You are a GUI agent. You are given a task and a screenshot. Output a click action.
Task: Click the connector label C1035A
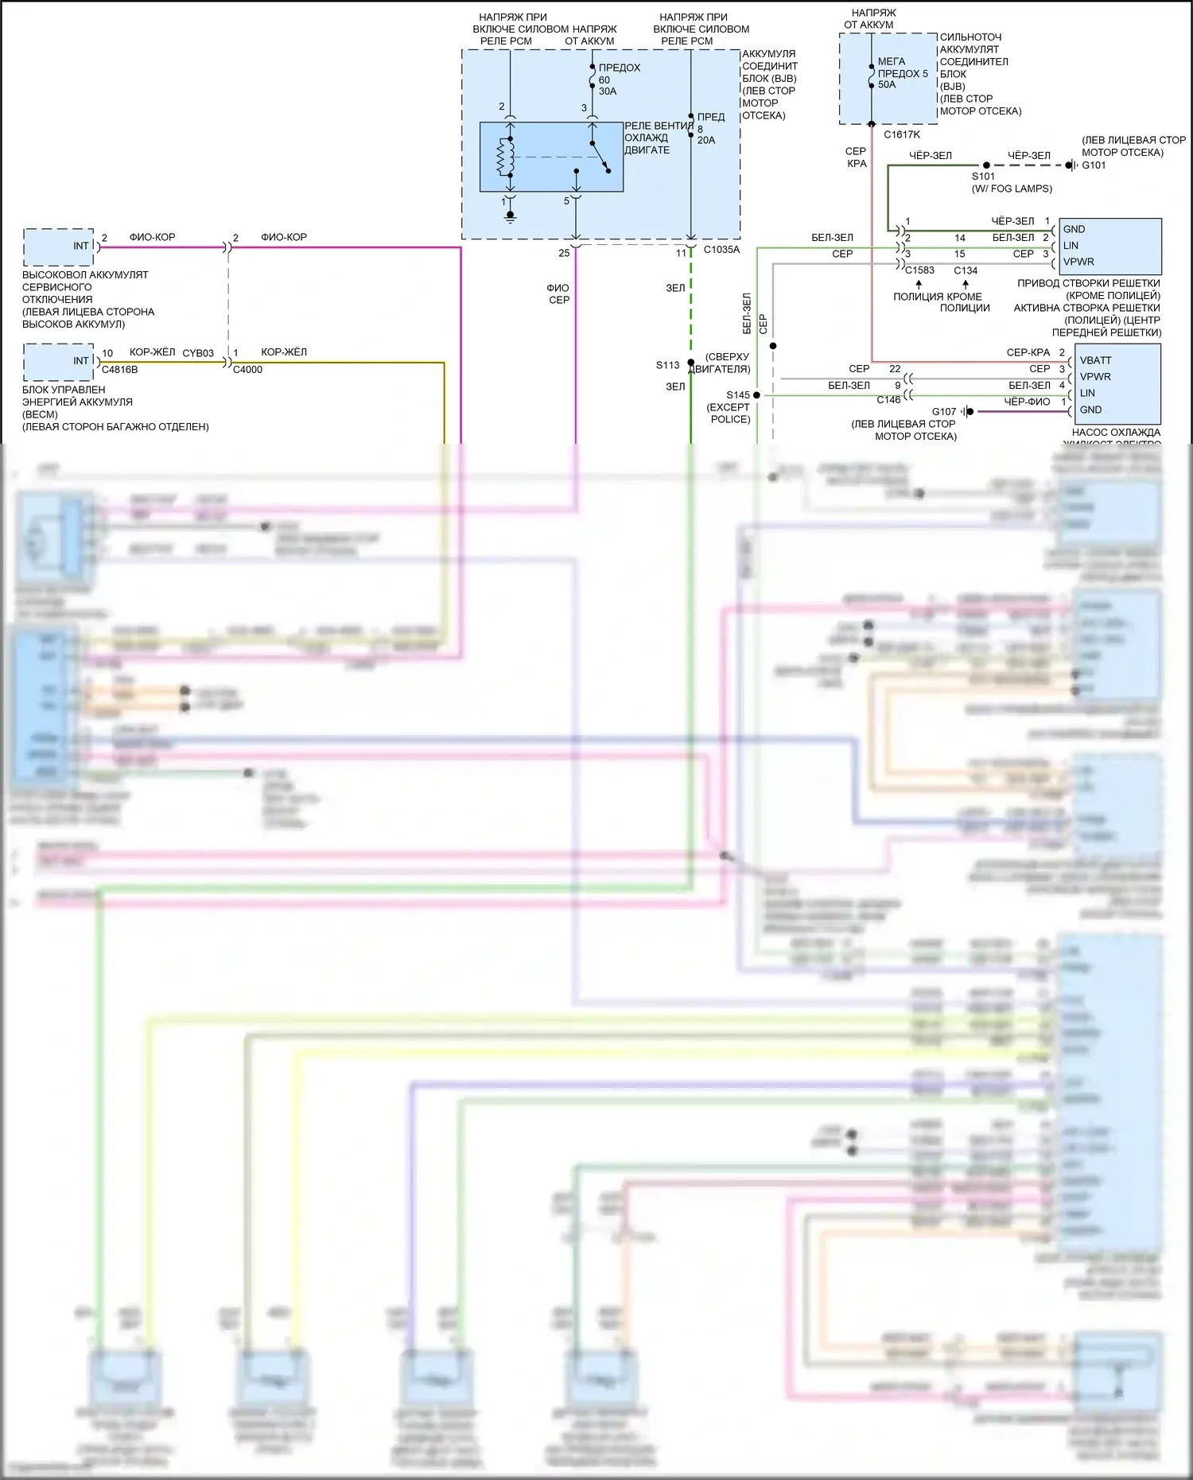coord(721,250)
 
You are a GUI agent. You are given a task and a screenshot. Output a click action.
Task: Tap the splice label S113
coord(667,365)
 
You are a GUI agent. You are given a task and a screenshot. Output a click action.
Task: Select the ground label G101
coord(1094,165)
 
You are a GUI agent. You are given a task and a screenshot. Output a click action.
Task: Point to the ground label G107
coord(944,411)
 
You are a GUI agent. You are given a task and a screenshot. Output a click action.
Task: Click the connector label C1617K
coord(902,134)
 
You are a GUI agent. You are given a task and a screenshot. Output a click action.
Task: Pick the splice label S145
coord(737,395)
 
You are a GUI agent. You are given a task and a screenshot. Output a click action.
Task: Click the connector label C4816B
coord(119,370)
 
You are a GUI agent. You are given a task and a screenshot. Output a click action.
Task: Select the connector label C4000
coord(247,370)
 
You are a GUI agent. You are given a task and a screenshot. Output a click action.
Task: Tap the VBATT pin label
coord(1095,360)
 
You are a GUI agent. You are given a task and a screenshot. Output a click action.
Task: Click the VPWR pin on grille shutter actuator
coord(1078,262)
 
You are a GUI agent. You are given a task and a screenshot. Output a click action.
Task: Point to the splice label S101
coord(983,177)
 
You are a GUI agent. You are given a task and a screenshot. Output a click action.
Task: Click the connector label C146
coord(888,400)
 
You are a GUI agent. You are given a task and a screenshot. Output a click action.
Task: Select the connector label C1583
coord(919,270)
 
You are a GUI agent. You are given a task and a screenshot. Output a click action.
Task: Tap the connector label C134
coord(966,270)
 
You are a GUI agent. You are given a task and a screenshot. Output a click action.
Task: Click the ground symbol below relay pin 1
coord(511,216)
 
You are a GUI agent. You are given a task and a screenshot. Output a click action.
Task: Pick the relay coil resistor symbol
coord(502,157)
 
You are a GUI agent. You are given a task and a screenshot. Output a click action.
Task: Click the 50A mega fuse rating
coord(887,85)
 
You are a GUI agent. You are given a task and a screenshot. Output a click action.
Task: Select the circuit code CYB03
coord(198,353)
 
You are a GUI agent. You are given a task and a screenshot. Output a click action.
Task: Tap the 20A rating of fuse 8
coord(706,140)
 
